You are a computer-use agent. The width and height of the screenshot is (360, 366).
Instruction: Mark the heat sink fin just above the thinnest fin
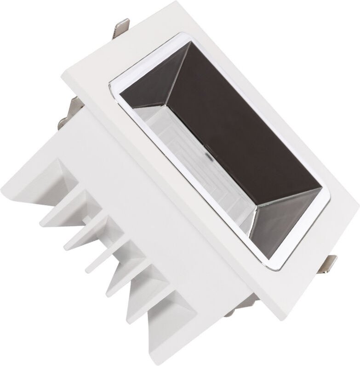(83, 237)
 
